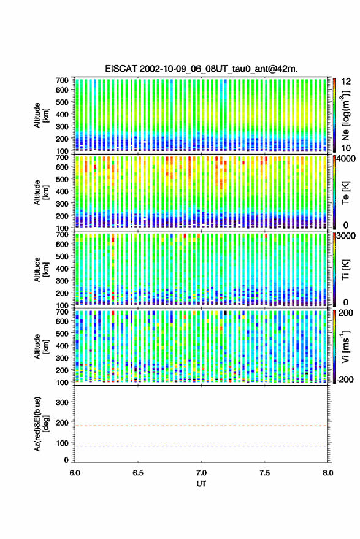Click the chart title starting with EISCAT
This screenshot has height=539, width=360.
pyautogui.click(x=202, y=69)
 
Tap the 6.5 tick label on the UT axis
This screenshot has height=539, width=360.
pyautogui.click(x=138, y=473)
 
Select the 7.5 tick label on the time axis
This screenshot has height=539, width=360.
pyautogui.click(x=264, y=473)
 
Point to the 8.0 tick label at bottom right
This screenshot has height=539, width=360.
pyautogui.click(x=328, y=473)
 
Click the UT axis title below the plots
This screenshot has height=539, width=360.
pyautogui.click(x=202, y=484)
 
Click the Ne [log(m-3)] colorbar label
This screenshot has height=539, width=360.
pyautogui.click(x=345, y=115)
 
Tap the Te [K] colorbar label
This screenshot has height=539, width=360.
pyautogui.click(x=345, y=193)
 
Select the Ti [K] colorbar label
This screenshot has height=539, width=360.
pyautogui.click(x=345, y=270)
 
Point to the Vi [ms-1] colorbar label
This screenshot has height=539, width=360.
pyautogui.click(x=345, y=346)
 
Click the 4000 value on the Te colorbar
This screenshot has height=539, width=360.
pyautogui.click(x=347, y=159)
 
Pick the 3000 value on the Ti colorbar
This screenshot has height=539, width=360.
pyautogui.click(x=347, y=236)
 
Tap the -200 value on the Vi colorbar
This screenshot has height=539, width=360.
pyautogui.click(x=345, y=380)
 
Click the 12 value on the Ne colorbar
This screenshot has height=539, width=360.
pyautogui.click(x=347, y=82)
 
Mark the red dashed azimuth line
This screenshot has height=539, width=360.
pyautogui.click(x=201, y=426)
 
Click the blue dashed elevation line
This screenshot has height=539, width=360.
pyautogui.click(x=201, y=446)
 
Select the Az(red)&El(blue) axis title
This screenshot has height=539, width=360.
pyautogui.click(x=42, y=424)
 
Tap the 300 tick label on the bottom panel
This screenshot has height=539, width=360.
pyautogui.click(x=62, y=402)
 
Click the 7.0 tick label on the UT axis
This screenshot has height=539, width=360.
pyautogui.click(x=202, y=473)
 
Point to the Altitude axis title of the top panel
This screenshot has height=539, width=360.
pyautogui.click(x=41, y=115)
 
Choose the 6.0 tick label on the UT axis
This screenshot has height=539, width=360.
pyautogui.click(x=75, y=473)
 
